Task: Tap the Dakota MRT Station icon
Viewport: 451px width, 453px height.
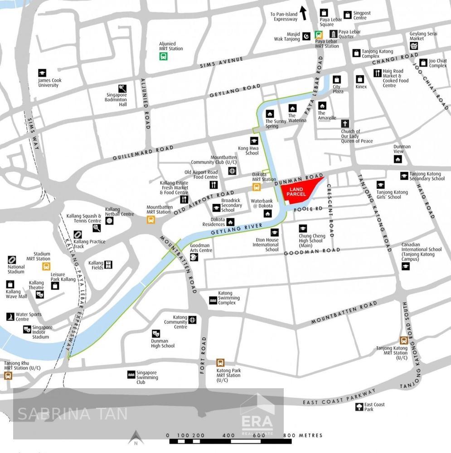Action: coord(257,187)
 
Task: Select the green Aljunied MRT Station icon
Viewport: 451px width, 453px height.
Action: coord(163,56)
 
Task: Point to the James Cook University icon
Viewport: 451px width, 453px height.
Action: coord(42,72)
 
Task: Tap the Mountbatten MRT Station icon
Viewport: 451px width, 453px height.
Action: coord(151,220)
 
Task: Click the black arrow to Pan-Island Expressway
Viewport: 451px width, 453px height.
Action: coord(303,13)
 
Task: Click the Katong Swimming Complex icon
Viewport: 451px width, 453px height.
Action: coord(213,300)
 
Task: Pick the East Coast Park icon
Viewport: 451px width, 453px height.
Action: coord(359,407)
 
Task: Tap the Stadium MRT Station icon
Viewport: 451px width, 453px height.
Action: coord(46,266)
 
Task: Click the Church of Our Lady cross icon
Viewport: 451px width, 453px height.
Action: coord(345,124)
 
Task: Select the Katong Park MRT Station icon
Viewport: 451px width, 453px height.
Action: coord(220,362)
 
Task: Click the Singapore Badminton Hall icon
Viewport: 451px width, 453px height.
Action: coord(122,89)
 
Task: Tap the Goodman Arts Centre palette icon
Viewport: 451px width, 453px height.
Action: coord(194,257)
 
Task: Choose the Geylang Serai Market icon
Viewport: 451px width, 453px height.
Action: coord(413,46)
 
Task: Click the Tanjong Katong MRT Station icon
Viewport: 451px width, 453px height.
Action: coord(403,340)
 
